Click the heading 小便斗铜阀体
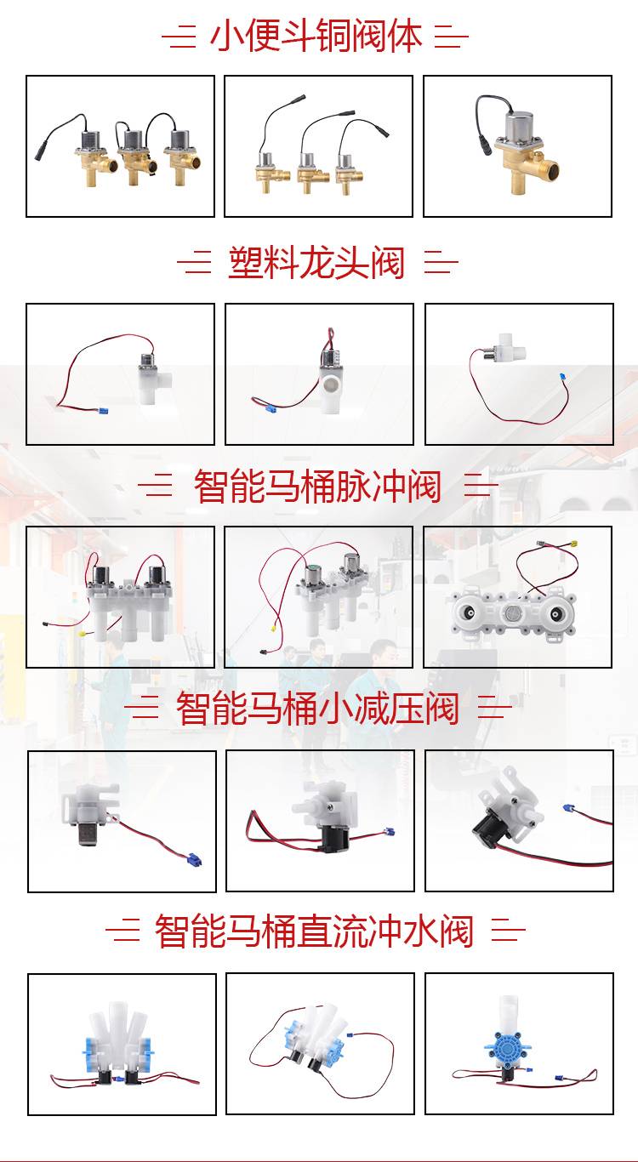[x=316, y=37]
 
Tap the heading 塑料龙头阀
[x=316, y=263]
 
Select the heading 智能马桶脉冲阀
[x=317, y=486]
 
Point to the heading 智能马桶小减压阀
[x=317, y=709]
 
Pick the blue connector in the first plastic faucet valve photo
[x=103, y=412]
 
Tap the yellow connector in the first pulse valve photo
[x=82, y=634]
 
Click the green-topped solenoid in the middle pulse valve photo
[x=313, y=576]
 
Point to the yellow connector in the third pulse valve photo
[x=573, y=544]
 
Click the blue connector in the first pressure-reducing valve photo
[x=194, y=859]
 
